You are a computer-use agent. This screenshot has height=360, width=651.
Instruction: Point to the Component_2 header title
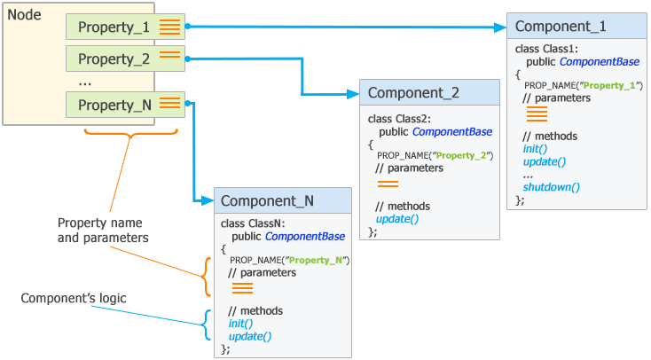[413, 92]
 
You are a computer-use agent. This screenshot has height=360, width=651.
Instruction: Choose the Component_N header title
[267, 201]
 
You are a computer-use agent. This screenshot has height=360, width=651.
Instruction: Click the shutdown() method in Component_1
[551, 187]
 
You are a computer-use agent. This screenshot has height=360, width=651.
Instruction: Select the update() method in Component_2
[396, 218]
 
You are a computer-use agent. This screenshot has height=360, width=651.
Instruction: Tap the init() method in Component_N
[241, 324]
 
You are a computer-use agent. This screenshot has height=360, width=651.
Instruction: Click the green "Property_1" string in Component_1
[611, 85]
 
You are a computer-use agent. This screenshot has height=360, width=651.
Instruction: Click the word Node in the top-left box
[24, 15]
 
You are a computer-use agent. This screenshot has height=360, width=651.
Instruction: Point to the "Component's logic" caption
[74, 298]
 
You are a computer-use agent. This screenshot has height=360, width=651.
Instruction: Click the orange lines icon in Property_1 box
[169, 27]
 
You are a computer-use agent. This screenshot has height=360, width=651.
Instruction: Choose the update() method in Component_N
[249, 337]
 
